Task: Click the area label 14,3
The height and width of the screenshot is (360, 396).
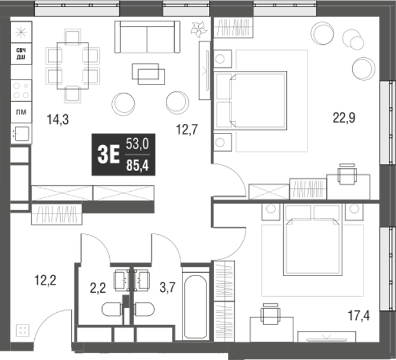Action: click(58, 120)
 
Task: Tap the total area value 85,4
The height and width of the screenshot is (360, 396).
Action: click(137, 166)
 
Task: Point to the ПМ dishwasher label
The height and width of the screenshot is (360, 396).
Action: click(21, 110)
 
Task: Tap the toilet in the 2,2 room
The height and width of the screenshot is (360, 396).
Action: click(112, 309)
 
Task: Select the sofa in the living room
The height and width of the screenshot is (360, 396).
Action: click(147, 38)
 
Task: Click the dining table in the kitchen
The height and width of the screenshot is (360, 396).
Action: click(73, 65)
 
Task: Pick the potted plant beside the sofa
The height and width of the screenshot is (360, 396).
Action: click(197, 29)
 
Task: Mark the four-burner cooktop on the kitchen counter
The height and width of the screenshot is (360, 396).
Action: click(21, 90)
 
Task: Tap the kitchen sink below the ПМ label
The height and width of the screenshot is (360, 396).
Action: click(21, 133)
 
